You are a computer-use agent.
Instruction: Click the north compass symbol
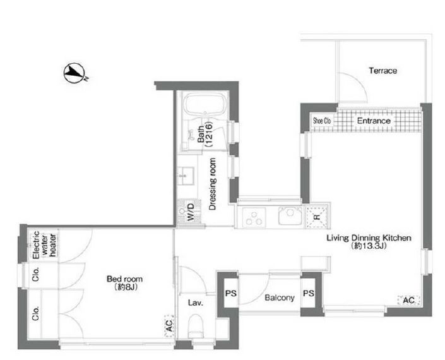[x=74, y=73]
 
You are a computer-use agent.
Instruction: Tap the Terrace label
[x=383, y=70]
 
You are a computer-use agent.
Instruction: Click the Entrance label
[x=374, y=121]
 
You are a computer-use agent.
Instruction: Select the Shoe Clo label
[x=322, y=121]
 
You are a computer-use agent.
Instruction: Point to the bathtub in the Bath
[x=206, y=104]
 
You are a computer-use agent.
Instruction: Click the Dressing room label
[x=212, y=184]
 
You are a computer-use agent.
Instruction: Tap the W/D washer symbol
[x=189, y=212]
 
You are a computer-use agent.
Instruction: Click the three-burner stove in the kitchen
[x=254, y=217]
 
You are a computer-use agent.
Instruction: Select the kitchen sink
[x=290, y=216]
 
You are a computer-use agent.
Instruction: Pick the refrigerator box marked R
[x=317, y=217]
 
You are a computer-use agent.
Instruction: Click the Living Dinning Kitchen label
[x=369, y=241]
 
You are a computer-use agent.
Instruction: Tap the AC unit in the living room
[x=408, y=301]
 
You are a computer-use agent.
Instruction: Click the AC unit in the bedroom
[x=169, y=326]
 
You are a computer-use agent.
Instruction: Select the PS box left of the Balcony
[x=231, y=293]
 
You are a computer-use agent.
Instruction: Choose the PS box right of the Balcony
[x=308, y=293]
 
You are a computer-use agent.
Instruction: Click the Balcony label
[x=280, y=298]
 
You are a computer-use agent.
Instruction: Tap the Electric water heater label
[x=44, y=244]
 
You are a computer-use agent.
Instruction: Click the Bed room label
[x=124, y=283]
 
